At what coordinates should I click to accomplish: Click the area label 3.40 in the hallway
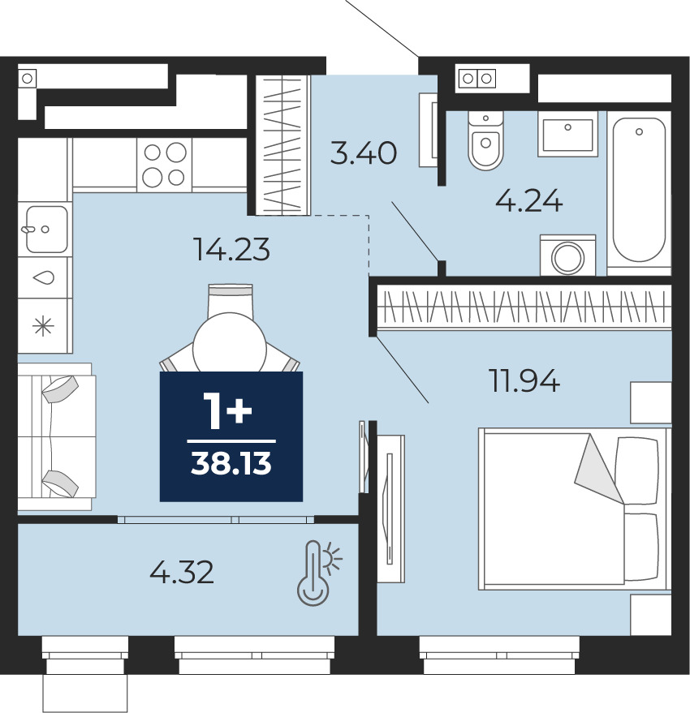(363, 153)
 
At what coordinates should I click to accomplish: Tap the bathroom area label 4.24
(529, 201)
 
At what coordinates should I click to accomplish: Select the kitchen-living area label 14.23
(231, 250)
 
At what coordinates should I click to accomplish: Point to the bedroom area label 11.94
(524, 380)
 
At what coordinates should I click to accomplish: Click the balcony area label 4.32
(182, 572)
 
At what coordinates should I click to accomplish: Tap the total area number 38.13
(231, 464)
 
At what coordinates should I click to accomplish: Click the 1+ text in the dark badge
(227, 411)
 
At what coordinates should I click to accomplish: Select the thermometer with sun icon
(318, 573)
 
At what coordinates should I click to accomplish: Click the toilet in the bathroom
(485, 140)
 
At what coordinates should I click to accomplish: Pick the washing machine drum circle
(567, 258)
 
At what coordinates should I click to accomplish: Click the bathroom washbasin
(567, 134)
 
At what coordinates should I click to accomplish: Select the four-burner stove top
(164, 165)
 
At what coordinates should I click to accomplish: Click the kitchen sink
(46, 229)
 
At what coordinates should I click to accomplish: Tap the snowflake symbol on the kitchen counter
(44, 326)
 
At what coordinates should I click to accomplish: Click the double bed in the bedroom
(575, 509)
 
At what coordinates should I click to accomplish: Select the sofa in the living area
(57, 436)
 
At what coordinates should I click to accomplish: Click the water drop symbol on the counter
(44, 277)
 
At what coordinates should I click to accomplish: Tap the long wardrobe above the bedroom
(524, 307)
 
